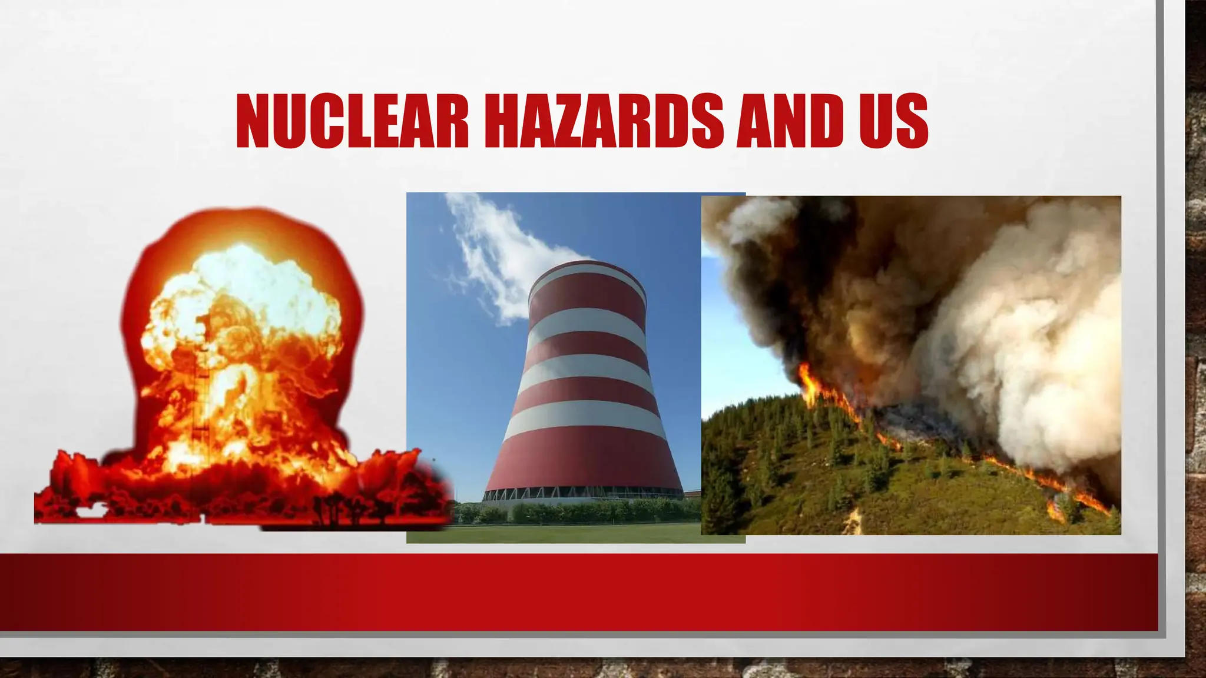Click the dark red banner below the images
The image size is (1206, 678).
tap(577, 591)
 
